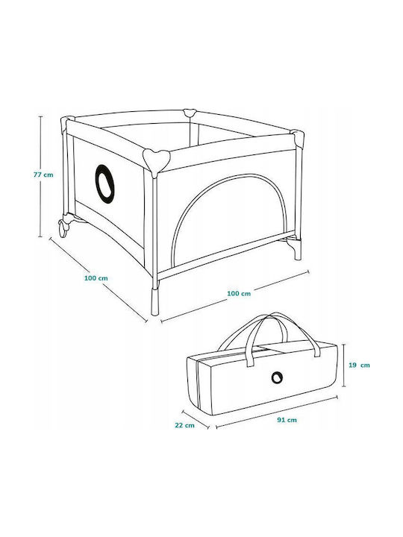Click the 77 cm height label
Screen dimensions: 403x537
[x=43, y=175]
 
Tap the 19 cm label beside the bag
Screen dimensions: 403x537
[x=359, y=365]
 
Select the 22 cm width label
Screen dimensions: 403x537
[x=185, y=425]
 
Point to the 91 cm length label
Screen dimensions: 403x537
[x=287, y=420]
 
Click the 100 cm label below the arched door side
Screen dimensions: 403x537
[x=239, y=294]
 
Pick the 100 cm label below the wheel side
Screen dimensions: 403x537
[x=96, y=278]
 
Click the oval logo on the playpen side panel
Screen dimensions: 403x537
[x=104, y=183]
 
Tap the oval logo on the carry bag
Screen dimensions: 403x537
[x=277, y=377]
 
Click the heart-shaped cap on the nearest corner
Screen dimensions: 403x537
[x=157, y=160]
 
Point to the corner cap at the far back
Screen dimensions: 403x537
[x=189, y=113]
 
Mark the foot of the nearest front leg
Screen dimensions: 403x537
[x=155, y=301]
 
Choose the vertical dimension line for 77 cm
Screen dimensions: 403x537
[x=41, y=176]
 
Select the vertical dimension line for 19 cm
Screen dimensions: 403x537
[x=344, y=365]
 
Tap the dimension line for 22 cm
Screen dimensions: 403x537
[x=196, y=419]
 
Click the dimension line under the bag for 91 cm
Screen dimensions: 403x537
[x=277, y=412]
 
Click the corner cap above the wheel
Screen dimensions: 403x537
[x=66, y=125]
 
